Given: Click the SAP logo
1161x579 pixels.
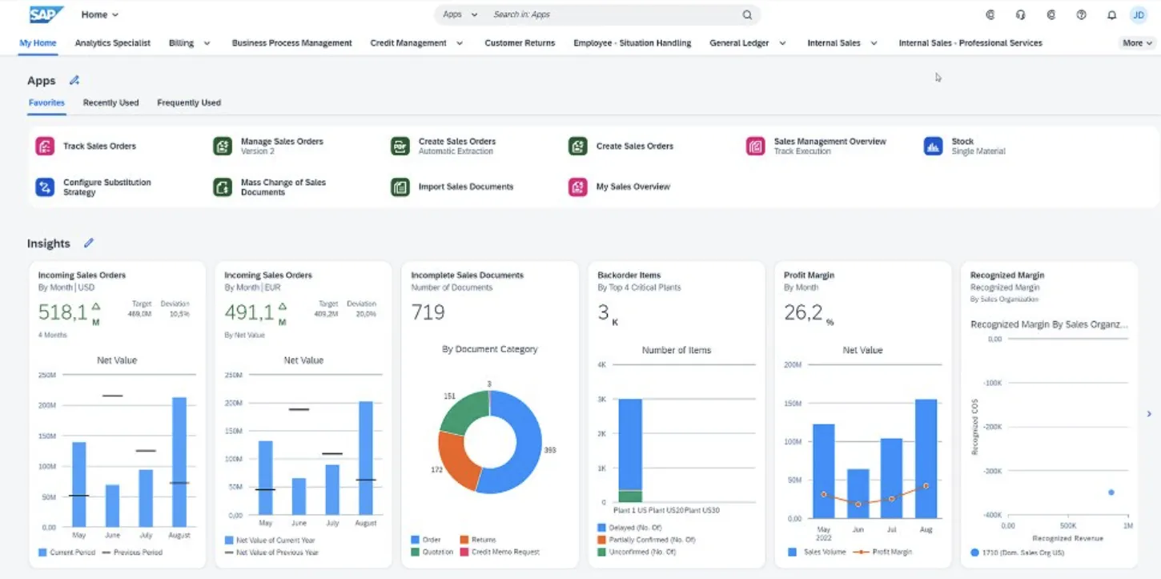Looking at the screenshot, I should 46,14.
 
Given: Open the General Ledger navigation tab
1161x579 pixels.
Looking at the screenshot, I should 739,43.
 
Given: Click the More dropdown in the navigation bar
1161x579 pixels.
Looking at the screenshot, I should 1137,43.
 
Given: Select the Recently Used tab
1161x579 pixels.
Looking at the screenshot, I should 110,103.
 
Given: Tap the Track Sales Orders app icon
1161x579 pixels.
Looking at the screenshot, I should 44,146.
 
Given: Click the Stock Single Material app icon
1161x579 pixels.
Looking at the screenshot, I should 933,146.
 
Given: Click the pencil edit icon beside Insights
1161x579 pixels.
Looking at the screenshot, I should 89,243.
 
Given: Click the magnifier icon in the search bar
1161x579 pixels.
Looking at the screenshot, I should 747,14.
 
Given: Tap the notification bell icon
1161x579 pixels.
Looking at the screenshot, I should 1111,14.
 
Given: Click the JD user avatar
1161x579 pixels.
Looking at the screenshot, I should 1138,14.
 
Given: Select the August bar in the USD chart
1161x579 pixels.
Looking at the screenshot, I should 179,462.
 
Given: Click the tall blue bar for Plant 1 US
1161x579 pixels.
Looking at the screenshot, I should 630,443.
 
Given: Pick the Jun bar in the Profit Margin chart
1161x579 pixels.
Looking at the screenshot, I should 858,493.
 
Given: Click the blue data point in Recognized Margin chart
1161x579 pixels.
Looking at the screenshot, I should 1111,493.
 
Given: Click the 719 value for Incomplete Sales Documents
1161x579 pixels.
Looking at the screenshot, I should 428,312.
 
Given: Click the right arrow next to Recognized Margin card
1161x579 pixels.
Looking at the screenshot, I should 1149,414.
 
